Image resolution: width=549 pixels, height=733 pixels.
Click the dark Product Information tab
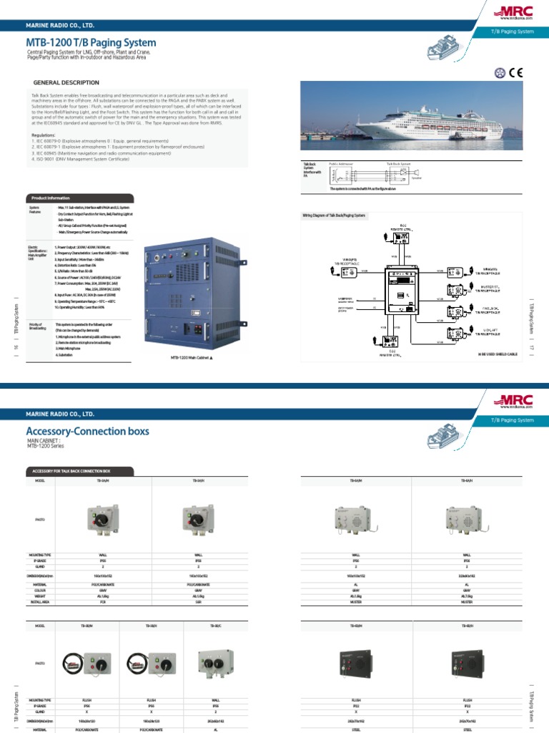tap(49, 198)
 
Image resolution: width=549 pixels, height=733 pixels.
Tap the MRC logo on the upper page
tap(508, 12)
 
